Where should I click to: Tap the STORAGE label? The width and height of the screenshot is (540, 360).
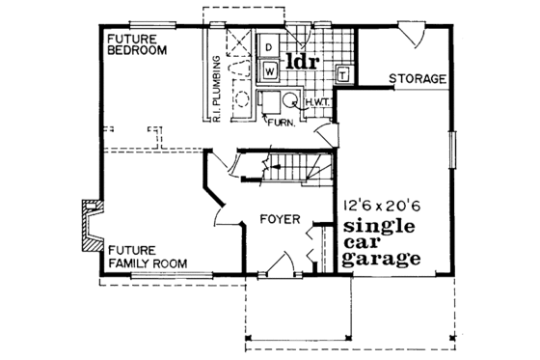[x=417, y=78]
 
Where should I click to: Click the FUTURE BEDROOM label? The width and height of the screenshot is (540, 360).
[x=135, y=43]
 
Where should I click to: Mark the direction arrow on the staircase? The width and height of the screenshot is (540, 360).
[x=280, y=168]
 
